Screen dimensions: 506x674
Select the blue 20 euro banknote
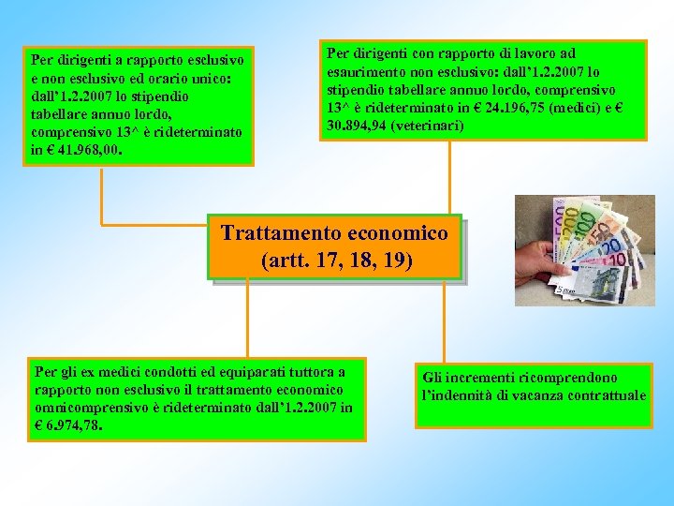click(609, 249)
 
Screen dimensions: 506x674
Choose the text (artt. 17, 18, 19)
click(335, 260)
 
